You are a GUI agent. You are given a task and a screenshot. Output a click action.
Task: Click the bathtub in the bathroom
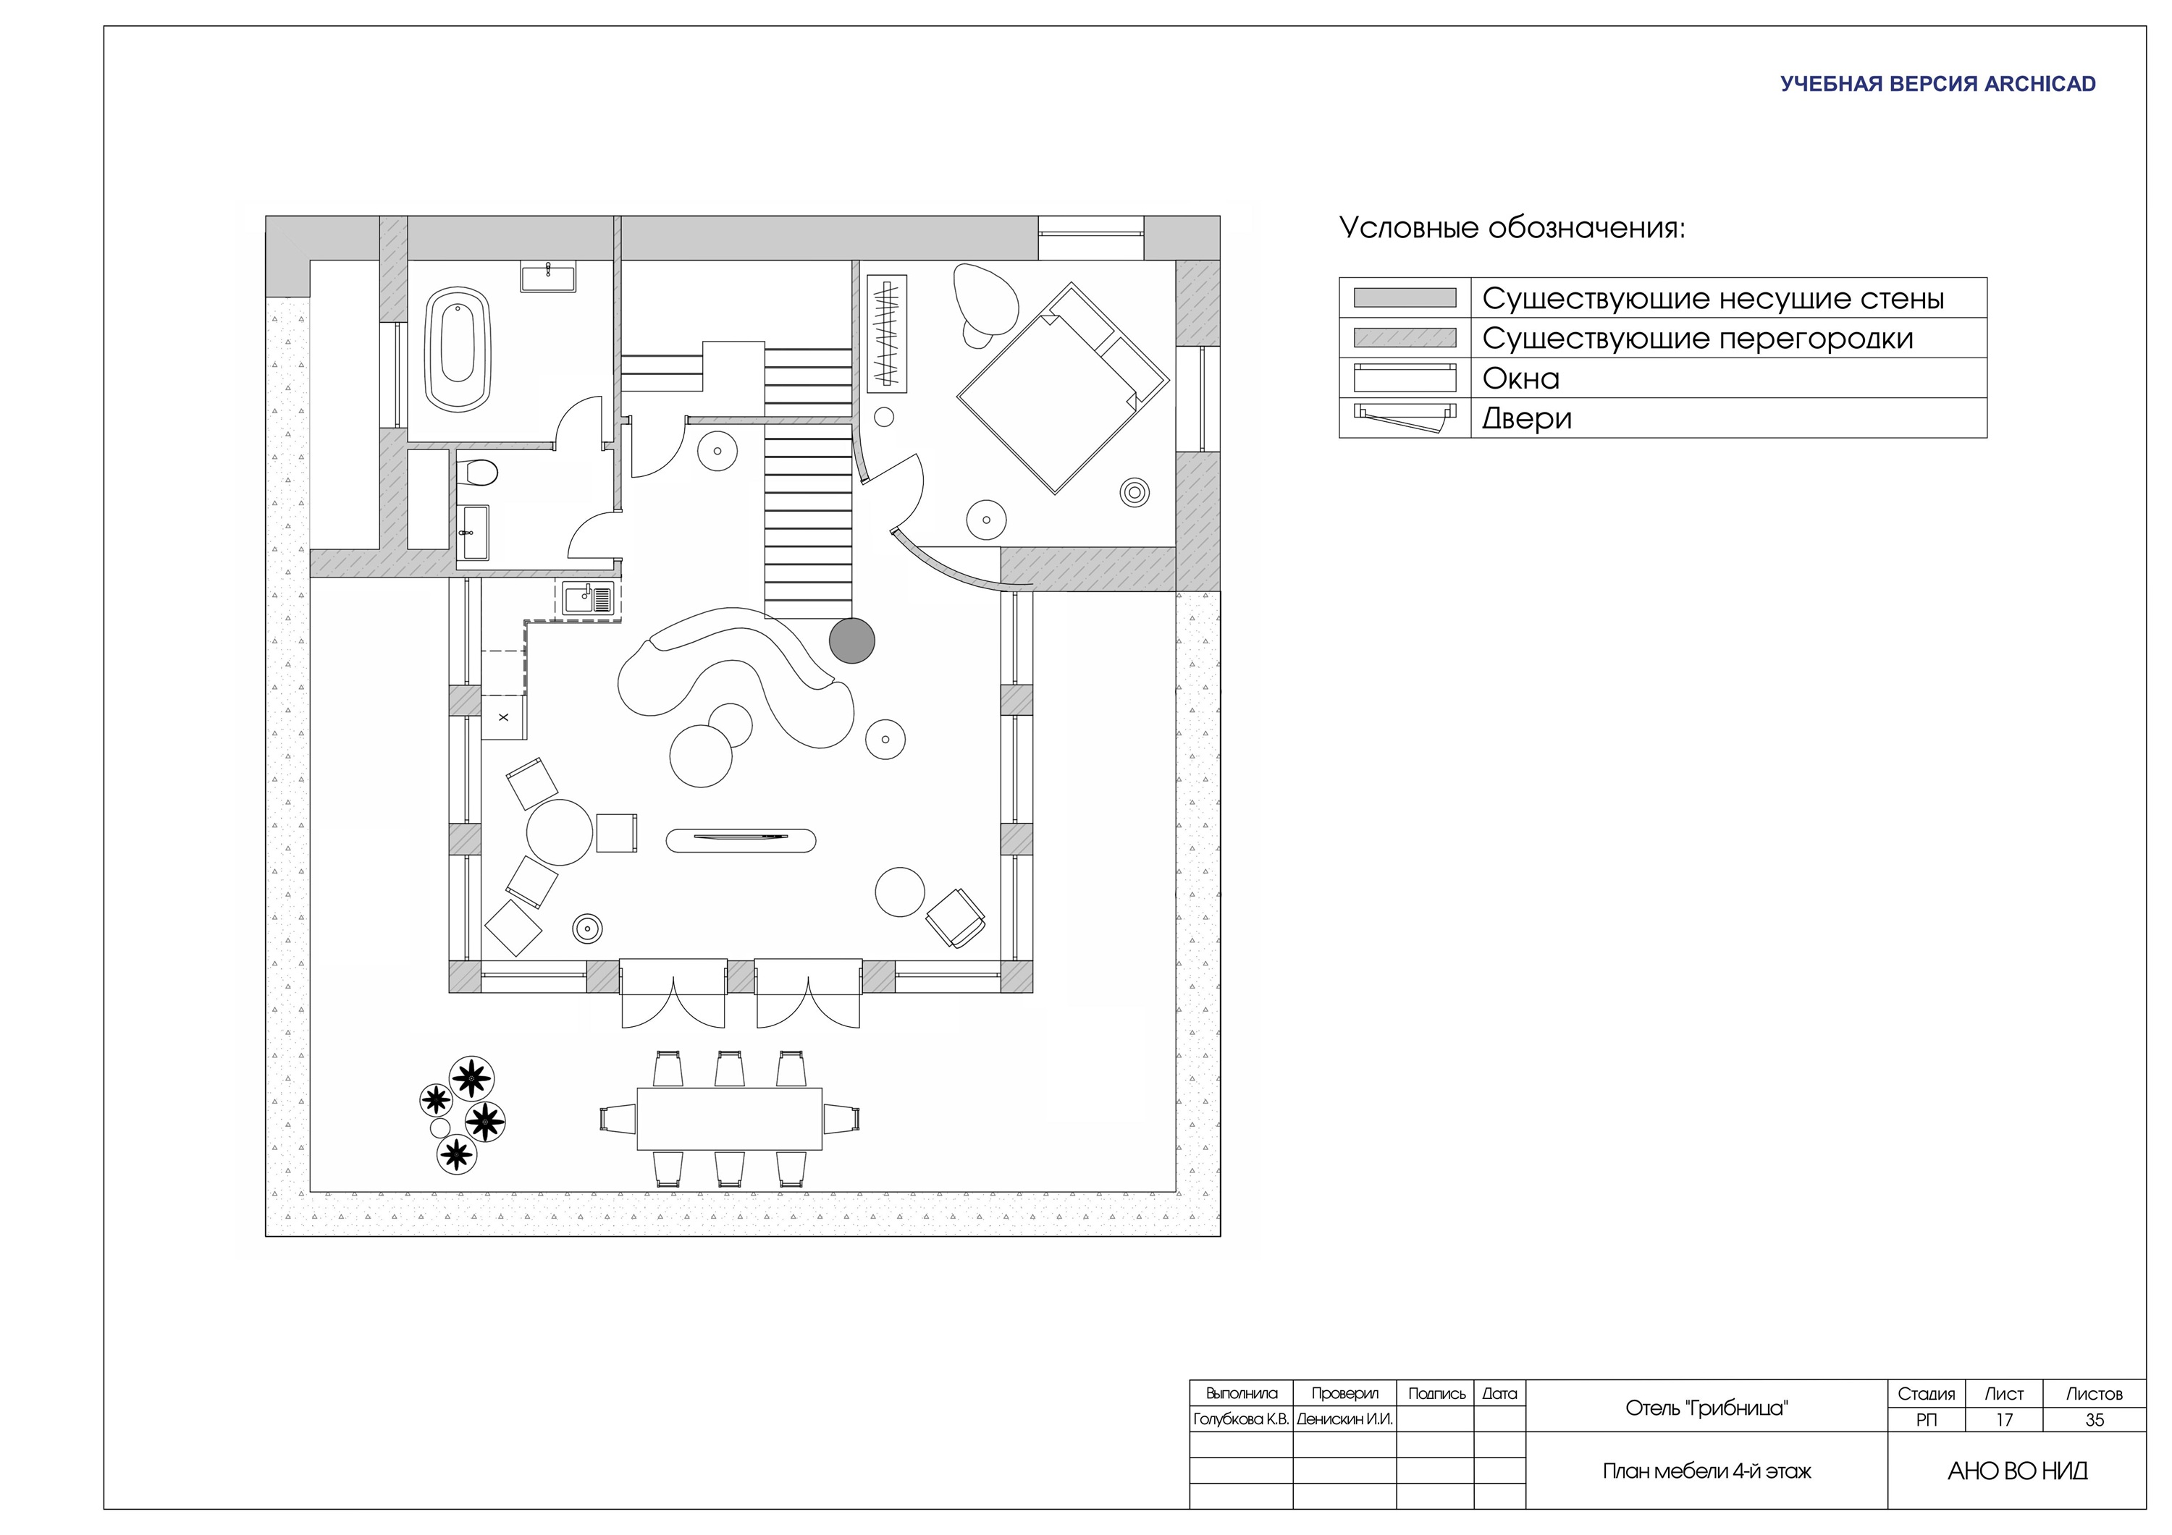458,349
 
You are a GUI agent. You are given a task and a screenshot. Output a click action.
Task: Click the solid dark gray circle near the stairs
851,640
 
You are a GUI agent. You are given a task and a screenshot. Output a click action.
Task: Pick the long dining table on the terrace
729,1118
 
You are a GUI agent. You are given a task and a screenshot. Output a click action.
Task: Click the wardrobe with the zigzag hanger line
886,333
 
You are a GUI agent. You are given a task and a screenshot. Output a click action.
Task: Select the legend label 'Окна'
1520,379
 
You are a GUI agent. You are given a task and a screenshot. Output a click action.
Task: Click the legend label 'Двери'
1527,418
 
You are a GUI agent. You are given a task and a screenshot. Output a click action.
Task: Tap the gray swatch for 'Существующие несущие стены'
1405,298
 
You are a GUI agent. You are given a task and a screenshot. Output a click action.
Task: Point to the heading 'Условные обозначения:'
1512,228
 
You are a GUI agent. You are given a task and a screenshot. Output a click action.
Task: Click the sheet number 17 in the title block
2003,1420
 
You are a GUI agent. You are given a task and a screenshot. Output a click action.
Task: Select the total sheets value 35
2095,1420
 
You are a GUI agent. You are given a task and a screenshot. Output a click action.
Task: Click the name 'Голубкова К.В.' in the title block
1241,1420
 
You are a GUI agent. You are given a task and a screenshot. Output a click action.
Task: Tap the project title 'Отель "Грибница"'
1706,1408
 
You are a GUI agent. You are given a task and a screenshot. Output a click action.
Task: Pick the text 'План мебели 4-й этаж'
1706,1471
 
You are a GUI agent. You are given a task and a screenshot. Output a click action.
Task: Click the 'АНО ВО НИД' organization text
2017,1471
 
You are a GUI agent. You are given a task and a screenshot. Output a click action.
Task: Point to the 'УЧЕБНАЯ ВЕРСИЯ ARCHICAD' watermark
1937,84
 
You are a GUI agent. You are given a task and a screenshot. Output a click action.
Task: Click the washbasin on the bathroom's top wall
548,278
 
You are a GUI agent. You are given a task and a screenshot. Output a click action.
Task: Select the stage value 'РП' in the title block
1926,1420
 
